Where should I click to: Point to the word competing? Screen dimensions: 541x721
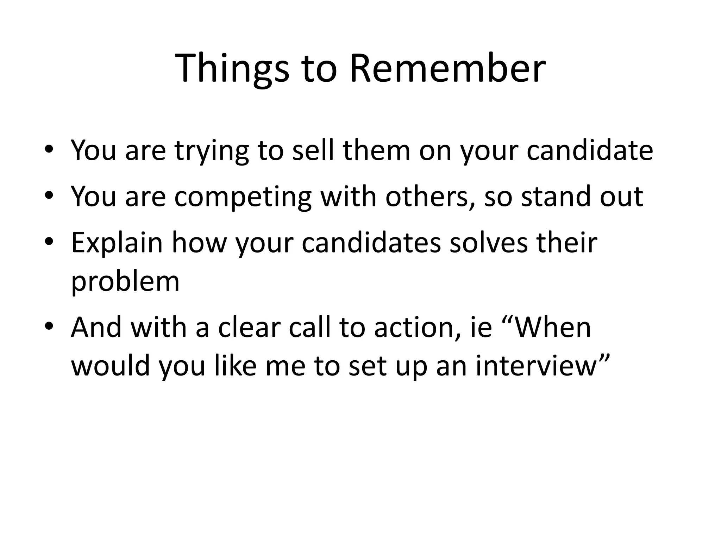click(x=243, y=197)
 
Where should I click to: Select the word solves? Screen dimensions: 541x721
click(x=489, y=243)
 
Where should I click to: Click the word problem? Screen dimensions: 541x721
click(x=125, y=282)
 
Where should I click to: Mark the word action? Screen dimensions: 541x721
click(x=418, y=328)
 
